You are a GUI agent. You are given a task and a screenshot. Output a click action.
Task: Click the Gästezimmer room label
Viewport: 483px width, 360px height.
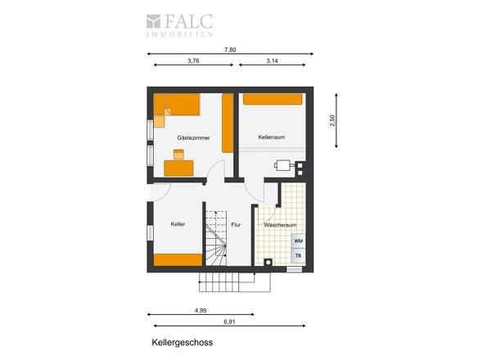coord(193,138)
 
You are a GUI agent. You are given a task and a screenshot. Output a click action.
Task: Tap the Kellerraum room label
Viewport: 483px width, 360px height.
coord(271,137)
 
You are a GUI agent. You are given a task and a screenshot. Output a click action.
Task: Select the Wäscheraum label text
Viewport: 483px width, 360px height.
coord(280,225)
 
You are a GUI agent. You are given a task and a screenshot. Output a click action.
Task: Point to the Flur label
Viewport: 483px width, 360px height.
coord(236,225)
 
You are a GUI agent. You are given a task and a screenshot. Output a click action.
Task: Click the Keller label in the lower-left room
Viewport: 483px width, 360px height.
coord(178,224)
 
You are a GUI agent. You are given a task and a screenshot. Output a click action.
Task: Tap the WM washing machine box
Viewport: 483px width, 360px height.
coord(298,241)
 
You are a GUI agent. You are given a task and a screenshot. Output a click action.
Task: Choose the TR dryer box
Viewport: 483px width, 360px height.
coord(298,255)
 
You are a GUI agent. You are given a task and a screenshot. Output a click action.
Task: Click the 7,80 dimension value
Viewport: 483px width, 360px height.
coord(230,50)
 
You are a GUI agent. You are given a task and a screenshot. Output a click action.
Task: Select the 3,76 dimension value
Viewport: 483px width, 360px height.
coord(193,61)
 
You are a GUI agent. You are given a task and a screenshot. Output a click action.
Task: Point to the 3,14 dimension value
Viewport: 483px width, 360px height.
coord(272,61)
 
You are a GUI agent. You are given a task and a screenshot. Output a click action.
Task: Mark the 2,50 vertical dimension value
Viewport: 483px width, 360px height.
coord(332,120)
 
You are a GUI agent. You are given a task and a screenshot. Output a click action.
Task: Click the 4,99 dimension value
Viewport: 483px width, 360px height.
coord(201,310)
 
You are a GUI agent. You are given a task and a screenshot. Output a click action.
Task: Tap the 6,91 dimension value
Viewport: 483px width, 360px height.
coord(229,322)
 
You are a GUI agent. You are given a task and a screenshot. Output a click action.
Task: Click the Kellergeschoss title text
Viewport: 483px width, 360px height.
coord(183,343)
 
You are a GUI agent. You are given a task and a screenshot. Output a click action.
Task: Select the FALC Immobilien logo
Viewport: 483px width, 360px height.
coord(179,25)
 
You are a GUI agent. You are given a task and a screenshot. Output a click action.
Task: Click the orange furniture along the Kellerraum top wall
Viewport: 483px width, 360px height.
coord(273,99)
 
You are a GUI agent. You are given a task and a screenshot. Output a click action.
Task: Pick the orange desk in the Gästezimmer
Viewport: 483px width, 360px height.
coord(178,169)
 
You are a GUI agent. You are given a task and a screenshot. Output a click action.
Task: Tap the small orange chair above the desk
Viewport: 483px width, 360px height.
coord(178,155)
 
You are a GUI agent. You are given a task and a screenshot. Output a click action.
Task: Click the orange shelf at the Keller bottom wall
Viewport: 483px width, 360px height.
coord(178,259)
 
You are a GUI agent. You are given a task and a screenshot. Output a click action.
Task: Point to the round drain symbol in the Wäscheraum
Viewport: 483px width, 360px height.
coord(269,263)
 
